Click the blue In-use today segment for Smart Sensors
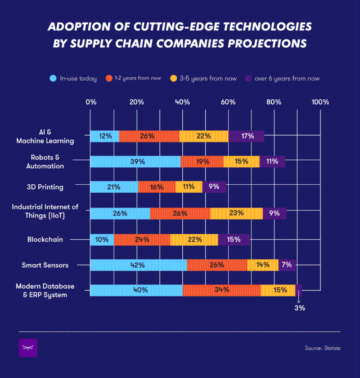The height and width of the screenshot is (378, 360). click(x=138, y=265)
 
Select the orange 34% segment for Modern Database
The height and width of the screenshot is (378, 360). click(x=221, y=290)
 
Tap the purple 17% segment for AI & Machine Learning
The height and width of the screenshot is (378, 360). click(x=246, y=136)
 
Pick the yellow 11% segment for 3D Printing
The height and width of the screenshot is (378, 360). click(x=189, y=187)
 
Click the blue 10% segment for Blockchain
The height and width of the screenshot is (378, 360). click(x=102, y=240)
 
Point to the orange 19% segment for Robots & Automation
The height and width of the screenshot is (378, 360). click(x=202, y=161)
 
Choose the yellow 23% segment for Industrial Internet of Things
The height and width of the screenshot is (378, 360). click(x=236, y=213)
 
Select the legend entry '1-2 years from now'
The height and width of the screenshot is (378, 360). click(x=135, y=79)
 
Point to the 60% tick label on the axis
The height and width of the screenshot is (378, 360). click(x=229, y=102)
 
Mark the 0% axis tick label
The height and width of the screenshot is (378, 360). click(x=91, y=102)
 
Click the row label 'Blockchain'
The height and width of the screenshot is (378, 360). click(x=45, y=240)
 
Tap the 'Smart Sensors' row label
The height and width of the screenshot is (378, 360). click(x=45, y=265)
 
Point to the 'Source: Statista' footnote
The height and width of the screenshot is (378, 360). click(x=322, y=348)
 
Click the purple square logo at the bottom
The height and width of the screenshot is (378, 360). click(x=28, y=348)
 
